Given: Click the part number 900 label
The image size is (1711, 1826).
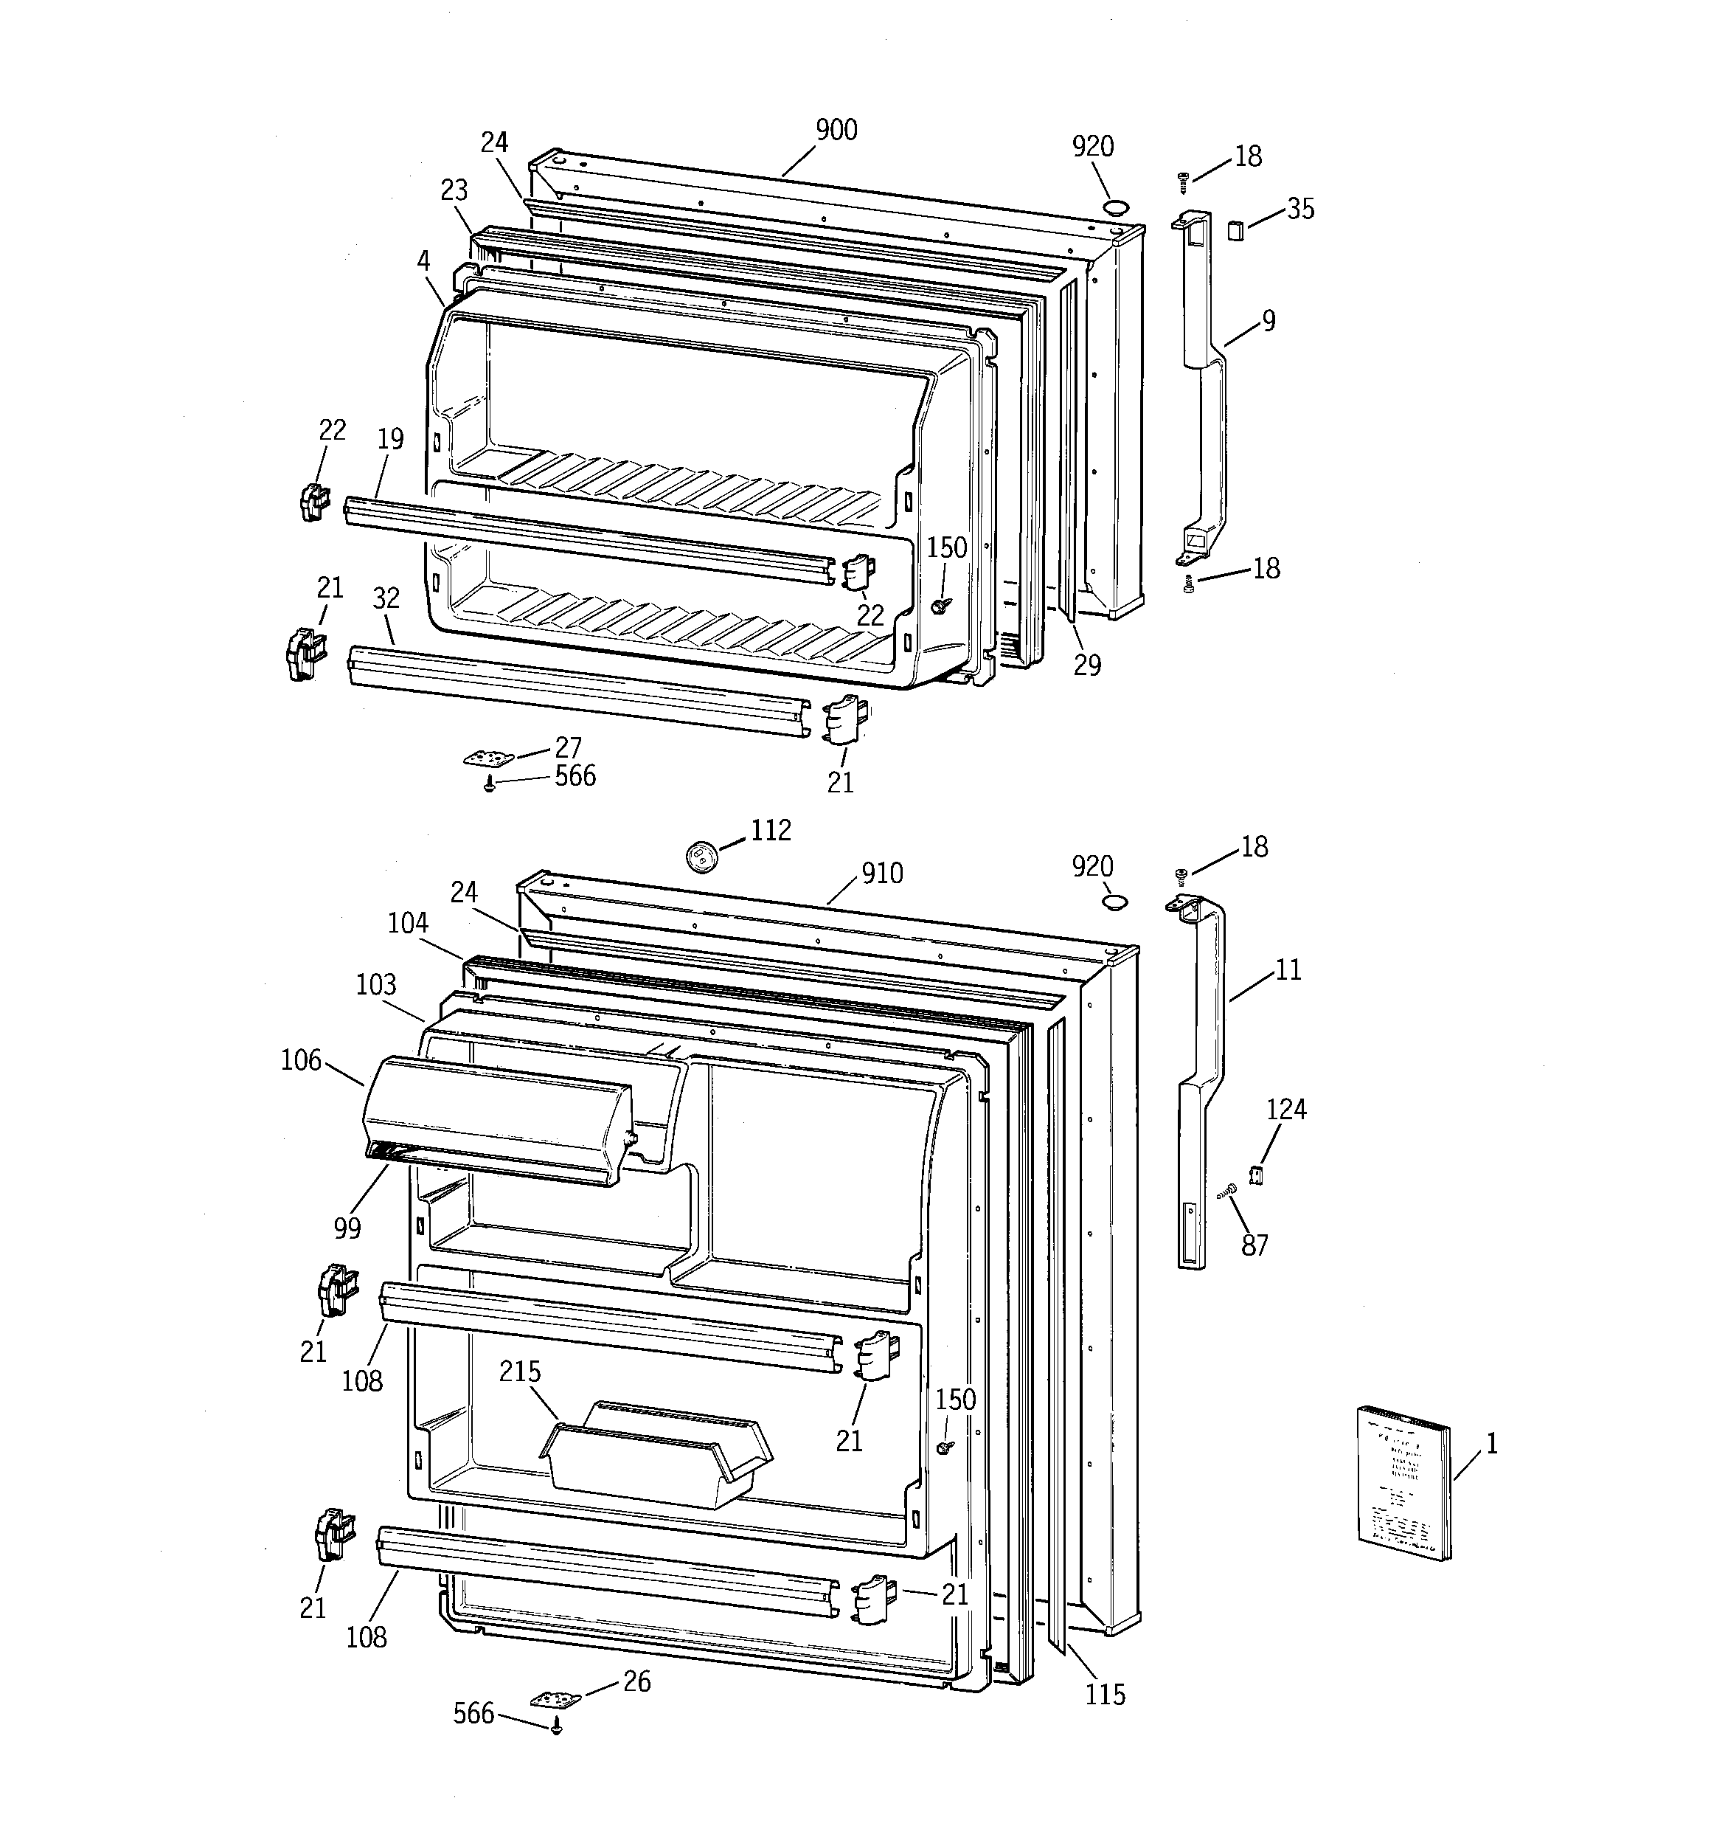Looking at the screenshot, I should [x=836, y=131].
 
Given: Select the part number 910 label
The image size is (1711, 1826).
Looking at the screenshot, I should [x=881, y=873].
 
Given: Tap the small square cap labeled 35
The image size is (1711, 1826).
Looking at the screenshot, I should [x=1235, y=229].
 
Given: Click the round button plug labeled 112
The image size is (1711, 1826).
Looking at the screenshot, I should [x=701, y=856].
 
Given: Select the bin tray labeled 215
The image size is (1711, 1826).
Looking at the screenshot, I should [x=656, y=1456].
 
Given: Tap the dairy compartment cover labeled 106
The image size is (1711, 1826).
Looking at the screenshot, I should [x=496, y=1118].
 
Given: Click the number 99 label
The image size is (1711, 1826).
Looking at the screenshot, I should [x=347, y=1227].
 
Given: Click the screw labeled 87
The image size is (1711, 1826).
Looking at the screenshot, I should [x=1228, y=1192].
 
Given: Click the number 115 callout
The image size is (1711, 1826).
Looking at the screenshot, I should [x=1105, y=1695].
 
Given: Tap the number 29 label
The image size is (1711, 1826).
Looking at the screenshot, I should [x=1087, y=665].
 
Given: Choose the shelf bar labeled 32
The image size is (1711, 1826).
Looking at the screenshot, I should [x=579, y=689].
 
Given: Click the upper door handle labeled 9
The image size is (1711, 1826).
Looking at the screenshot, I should [x=1203, y=386].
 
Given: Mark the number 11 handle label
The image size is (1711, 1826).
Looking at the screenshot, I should [x=1288, y=970].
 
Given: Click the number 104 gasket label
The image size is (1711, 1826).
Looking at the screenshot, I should [x=408, y=923].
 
